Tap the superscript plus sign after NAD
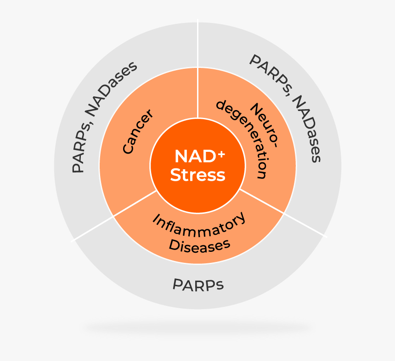point(221,154)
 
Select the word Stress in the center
point(198,175)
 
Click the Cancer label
point(137,131)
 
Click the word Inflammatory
point(199,225)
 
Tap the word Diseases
point(199,246)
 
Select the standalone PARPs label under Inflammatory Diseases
point(198,285)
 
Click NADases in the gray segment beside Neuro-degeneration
point(306,128)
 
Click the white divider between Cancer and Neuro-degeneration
point(198,68)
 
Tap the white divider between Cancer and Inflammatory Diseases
point(114,216)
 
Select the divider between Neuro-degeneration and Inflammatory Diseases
point(283,213)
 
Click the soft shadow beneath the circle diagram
point(197,328)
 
